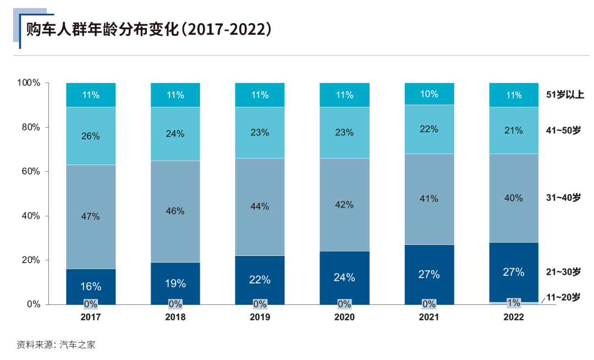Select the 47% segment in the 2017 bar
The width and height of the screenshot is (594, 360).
(x=91, y=216)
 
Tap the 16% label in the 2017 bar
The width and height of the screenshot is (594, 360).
(x=91, y=286)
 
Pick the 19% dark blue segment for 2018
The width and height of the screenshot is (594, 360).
(x=175, y=283)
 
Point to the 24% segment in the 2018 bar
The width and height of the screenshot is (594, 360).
(x=175, y=134)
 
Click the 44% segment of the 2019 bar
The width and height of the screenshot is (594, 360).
(x=260, y=206)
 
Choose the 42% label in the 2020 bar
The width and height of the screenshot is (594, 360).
(x=344, y=204)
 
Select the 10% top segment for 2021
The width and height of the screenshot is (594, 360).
(x=429, y=94)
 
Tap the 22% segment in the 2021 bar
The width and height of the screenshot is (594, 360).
(x=429, y=129)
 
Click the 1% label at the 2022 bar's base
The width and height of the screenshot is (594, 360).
(x=514, y=303)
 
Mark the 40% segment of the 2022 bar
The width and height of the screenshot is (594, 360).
(x=514, y=198)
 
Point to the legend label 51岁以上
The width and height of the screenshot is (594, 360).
(x=565, y=95)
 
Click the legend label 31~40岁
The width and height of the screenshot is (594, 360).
(x=563, y=197)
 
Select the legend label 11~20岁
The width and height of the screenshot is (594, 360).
(x=563, y=297)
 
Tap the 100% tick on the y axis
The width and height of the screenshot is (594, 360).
(x=29, y=83)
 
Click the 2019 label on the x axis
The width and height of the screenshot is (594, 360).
(x=260, y=318)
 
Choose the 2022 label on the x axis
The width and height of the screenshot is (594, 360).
(x=514, y=318)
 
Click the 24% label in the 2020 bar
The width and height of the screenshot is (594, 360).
(x=344, y=277)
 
